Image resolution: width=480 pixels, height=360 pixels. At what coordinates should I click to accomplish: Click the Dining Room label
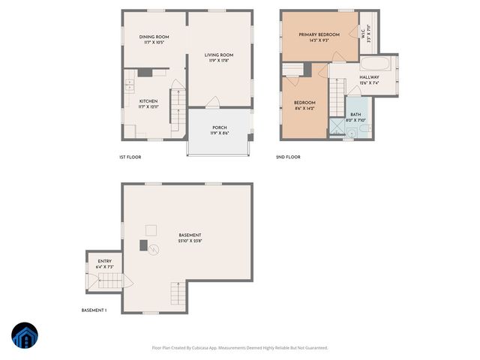coord(153,37)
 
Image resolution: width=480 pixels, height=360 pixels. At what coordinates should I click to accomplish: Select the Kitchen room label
coord(148,100)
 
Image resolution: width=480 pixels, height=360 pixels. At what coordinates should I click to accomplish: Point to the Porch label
coord(220,127)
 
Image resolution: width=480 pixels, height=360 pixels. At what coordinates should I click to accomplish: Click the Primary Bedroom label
coord(319,34)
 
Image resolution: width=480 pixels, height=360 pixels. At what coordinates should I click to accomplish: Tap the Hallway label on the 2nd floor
coord(369,77)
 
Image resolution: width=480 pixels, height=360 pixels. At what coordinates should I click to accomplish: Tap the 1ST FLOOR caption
coord(130,157)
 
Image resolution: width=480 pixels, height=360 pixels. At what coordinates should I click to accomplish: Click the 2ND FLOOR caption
coord(288,157)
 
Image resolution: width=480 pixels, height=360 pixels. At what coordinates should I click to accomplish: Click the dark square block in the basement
coord(143,244)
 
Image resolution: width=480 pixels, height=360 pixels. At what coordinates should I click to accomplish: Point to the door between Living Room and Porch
coord(213,103)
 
